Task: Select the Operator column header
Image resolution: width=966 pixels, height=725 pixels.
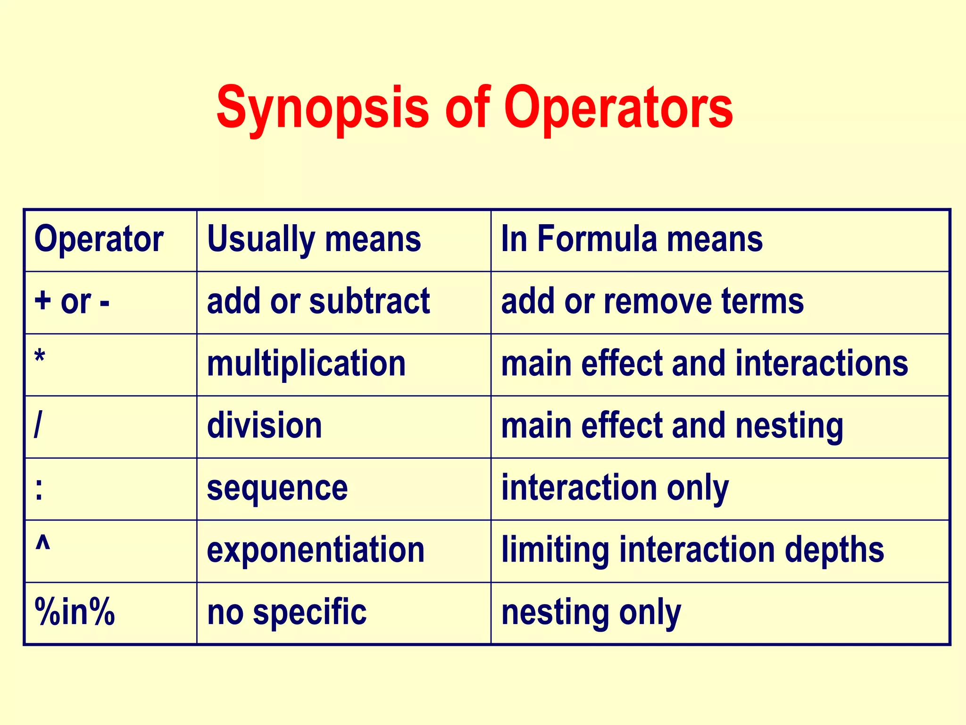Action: (99, 239)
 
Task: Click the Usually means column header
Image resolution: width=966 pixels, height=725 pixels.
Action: (314, 239)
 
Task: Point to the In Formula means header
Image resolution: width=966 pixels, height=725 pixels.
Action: (632, 239)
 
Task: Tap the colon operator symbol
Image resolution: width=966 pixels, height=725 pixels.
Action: (39, 489)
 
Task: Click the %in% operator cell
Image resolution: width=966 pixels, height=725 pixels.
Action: (75, 612)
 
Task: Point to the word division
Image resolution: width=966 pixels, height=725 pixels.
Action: (264, 426)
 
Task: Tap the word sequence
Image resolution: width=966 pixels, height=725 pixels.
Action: (277, 488)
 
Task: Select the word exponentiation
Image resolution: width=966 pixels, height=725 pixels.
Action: (316, 550)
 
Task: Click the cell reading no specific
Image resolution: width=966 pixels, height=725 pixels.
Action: (287, 612)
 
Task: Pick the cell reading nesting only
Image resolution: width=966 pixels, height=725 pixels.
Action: (591, 612)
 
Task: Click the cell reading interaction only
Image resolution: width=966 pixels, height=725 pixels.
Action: (615, 488)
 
